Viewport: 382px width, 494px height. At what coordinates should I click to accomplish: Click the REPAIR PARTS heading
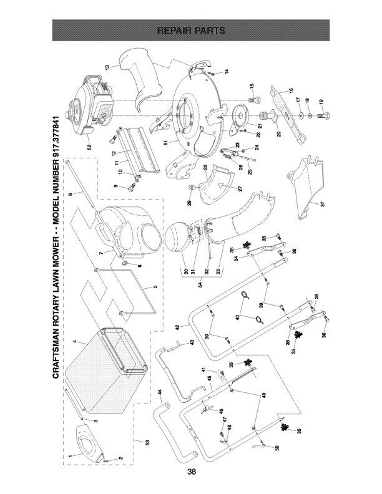(x=191, y=30)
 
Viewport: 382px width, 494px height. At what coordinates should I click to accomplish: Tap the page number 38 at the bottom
(x=191, y=472)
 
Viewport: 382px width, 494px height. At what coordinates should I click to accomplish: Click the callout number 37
(x=322, y=205)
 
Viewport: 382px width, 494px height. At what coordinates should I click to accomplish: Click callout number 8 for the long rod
(x=72, y=195)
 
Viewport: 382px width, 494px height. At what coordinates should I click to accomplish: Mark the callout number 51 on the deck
(x=166, y=143)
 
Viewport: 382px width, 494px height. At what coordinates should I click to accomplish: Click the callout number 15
(x=252, y=86)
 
